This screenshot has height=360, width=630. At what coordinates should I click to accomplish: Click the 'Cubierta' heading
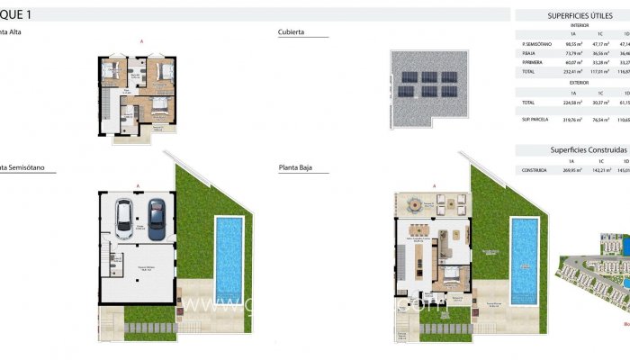point(292,31)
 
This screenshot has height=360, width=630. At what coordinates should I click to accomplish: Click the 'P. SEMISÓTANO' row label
point(535,43)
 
